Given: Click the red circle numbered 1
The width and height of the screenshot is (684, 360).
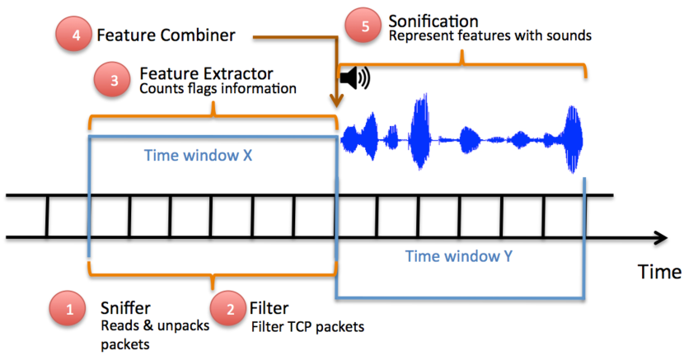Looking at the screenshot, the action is (x=68, y=309).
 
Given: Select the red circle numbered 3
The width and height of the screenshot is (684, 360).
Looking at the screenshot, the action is (x=112, y=80).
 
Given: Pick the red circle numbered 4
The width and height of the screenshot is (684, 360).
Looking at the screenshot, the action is (x=73, y=34).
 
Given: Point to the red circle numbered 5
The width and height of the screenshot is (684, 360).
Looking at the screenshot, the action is (x=363, y=26).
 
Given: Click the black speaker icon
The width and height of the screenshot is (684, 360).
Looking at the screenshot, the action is (x=355, y=78).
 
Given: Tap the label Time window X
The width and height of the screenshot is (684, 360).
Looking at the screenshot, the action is (x=198, y=155).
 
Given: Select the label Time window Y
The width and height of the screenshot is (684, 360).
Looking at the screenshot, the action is (x=459, y=256).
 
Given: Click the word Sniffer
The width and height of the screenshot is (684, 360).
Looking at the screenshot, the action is (x=125, y=308).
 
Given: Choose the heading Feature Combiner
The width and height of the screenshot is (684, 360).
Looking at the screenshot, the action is (x=166, y=35).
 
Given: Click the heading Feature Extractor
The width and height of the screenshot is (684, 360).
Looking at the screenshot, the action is (x=206, y=73).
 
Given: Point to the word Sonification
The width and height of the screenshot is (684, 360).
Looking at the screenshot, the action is (x=433, y=21).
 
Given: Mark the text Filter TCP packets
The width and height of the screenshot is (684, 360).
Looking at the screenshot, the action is (x=307, y=326).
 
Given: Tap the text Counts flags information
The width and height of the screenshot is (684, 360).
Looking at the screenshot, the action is (x=218, y=88).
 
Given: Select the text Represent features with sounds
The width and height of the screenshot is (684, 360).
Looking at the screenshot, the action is (x=490, y=35).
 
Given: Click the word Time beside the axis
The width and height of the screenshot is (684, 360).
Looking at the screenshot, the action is (x=659, y=272).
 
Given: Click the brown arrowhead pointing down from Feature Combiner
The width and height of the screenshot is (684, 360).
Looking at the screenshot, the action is (x=336, y=102).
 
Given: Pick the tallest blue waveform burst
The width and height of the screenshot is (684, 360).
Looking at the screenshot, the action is (x=419, y=131).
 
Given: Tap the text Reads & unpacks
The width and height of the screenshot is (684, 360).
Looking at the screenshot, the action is (x=155, y=325).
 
